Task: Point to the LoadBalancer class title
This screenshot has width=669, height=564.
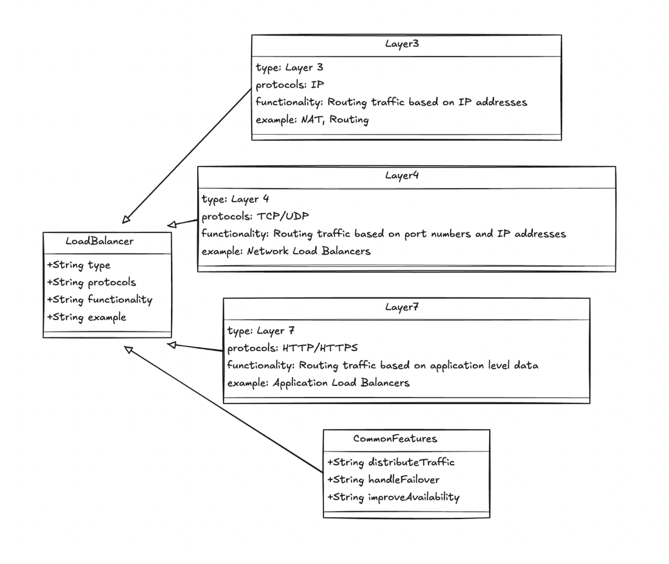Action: tap(107, 242)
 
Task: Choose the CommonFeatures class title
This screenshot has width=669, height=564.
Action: tap(406, 440)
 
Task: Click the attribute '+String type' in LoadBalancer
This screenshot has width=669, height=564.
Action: tap(79, 264)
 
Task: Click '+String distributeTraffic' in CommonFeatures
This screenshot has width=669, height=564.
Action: tap(391, 462)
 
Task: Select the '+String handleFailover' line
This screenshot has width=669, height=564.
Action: tap(384, 480)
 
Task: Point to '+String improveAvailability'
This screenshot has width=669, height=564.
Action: tap(394, 497)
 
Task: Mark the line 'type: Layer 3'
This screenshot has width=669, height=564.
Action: tap(286, 67)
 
